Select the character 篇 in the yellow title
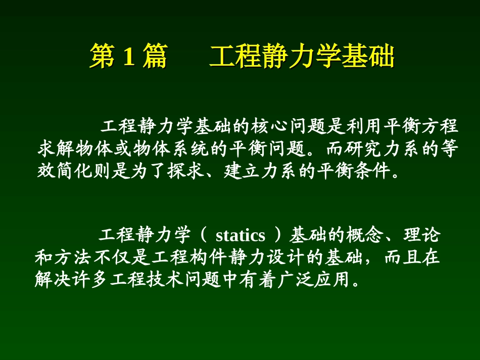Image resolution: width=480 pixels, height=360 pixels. point(154,57)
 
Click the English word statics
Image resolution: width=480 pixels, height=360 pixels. point(241,235)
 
